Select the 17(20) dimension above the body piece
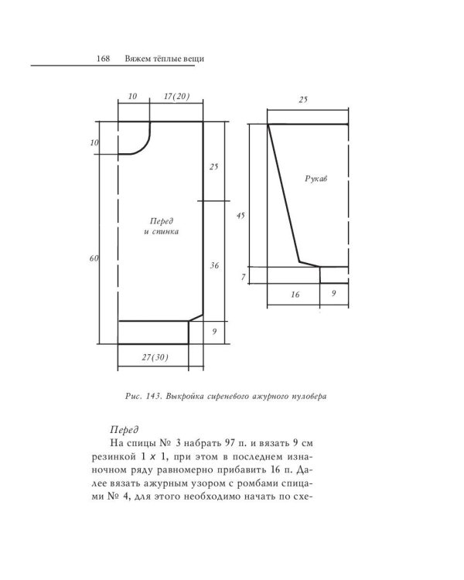[x=177, y=97]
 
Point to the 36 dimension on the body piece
[x=215, y=265]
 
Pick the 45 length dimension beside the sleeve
[x=241, y=216]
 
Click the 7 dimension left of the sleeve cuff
[x=242, y=277]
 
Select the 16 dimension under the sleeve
[x=294, y=295]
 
